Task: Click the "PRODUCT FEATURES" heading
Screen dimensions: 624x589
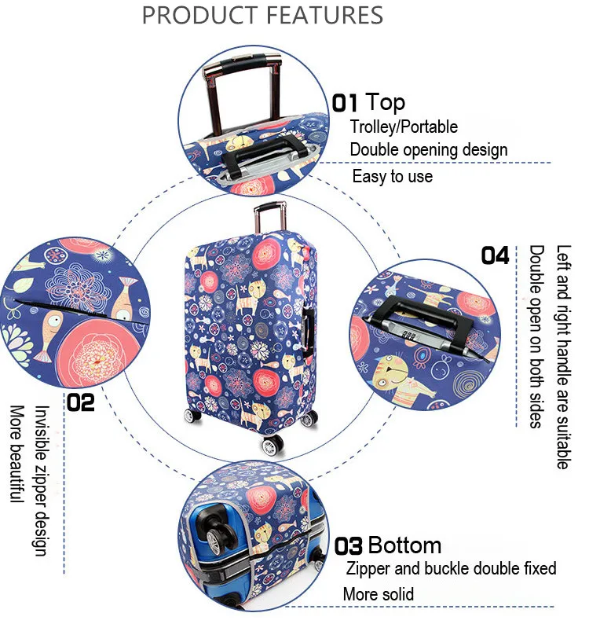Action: [262, 15]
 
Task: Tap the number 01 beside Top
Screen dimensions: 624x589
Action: [345, 103]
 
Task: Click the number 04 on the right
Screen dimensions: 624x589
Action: [495, 255]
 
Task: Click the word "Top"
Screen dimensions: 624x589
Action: [386, 102]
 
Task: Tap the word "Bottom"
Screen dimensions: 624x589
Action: [404, 545]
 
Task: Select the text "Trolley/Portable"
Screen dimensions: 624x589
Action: [404, 126]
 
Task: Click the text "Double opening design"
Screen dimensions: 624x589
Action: [428, 149]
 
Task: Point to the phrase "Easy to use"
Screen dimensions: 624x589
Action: [392, 176]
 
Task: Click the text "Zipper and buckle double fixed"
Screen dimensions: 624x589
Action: [451, 568]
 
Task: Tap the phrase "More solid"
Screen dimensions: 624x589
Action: [378, 594]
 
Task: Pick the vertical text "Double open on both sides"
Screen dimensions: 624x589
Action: [536, 336]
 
